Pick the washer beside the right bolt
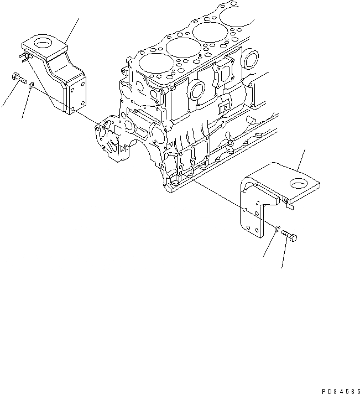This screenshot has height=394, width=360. [277, 227]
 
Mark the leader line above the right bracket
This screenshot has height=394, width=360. [302, 158]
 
